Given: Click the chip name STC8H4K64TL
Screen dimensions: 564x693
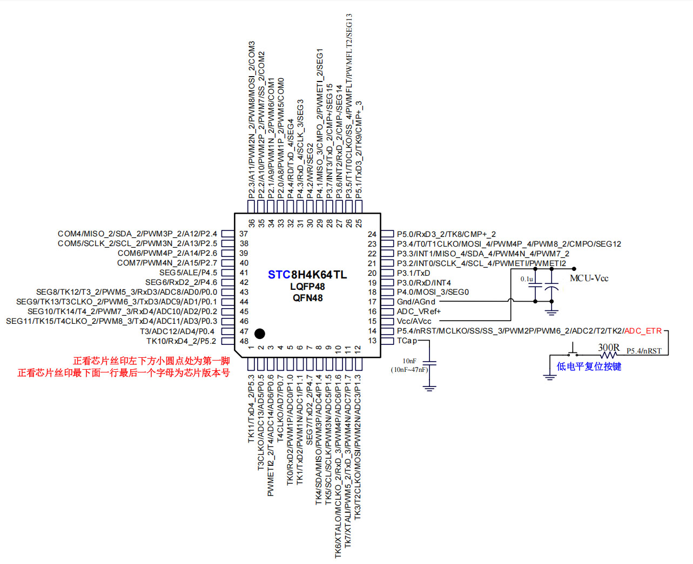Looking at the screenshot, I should click(307, 275).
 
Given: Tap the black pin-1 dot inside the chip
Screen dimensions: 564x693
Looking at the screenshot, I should click(259, 334).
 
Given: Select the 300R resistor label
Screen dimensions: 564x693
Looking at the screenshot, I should click(608, 348).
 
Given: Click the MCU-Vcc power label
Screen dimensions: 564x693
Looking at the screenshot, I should click(589, 278).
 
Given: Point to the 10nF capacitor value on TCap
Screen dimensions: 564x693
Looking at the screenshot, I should click(409, 361).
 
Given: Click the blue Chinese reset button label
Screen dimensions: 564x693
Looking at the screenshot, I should click(589, 366).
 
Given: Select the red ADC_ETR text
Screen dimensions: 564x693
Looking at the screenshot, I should click(643, 331).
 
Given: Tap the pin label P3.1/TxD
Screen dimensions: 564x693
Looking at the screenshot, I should click(413, 273).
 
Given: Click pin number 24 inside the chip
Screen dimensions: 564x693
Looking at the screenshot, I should click(372, 234).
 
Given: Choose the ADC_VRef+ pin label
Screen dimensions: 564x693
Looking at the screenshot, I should click(419, 311).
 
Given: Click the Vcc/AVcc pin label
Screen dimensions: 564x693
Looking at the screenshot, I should click(414, 321).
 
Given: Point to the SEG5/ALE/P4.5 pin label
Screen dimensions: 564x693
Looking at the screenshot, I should click(188, 273).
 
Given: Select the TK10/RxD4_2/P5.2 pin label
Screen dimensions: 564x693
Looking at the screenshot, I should click(181, 341).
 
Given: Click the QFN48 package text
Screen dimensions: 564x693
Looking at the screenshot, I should click(307, 298).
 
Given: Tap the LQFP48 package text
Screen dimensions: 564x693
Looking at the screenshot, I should click(307, 287).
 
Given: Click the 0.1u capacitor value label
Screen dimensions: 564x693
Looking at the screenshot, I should click(527, 279).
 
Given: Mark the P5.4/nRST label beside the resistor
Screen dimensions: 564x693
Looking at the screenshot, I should click(644, 351).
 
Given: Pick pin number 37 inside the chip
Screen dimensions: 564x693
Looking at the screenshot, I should click(244, 234).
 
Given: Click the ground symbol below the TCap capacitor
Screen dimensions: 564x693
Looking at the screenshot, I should click(429, 386).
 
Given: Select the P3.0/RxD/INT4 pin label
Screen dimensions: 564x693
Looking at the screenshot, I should click(423, 283).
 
